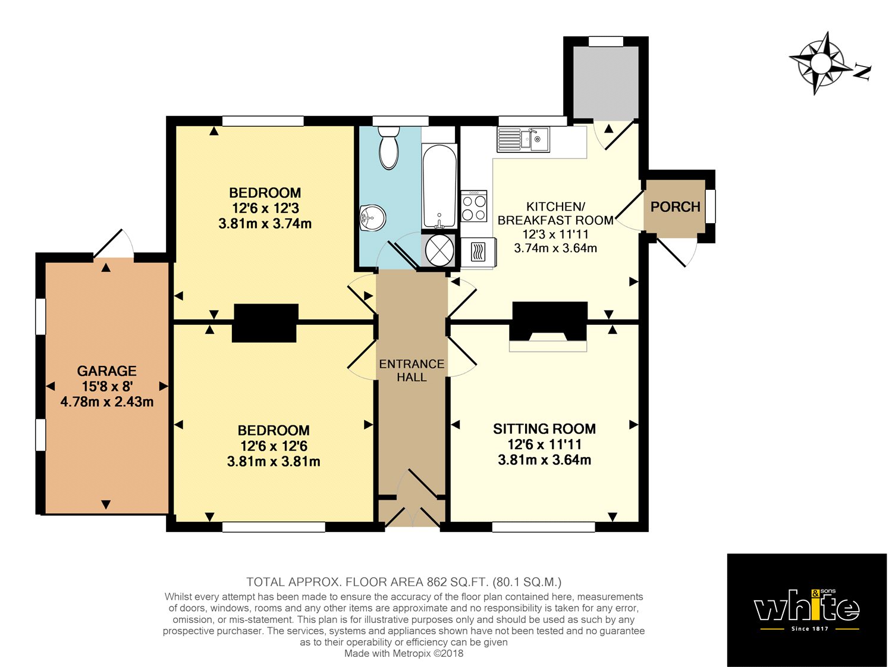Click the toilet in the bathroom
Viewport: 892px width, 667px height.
click(389, 148)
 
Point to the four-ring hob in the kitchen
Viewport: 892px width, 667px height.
click(474, 206)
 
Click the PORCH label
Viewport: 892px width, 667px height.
click(675, 207)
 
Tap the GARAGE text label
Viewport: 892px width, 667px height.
click(107, 371)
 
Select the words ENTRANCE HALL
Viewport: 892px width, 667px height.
click(412, 370)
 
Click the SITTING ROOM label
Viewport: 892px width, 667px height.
click(544, 429)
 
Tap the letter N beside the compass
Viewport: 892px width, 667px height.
click(862, 72)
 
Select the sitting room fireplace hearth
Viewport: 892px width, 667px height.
click(548, 345)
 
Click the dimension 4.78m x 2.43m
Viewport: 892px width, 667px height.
click(107, 402)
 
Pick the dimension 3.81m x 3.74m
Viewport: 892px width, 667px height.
click(265, 224)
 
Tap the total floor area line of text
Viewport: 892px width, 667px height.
click(404, 582)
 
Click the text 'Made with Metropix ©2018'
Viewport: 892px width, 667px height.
click(404, 653)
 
